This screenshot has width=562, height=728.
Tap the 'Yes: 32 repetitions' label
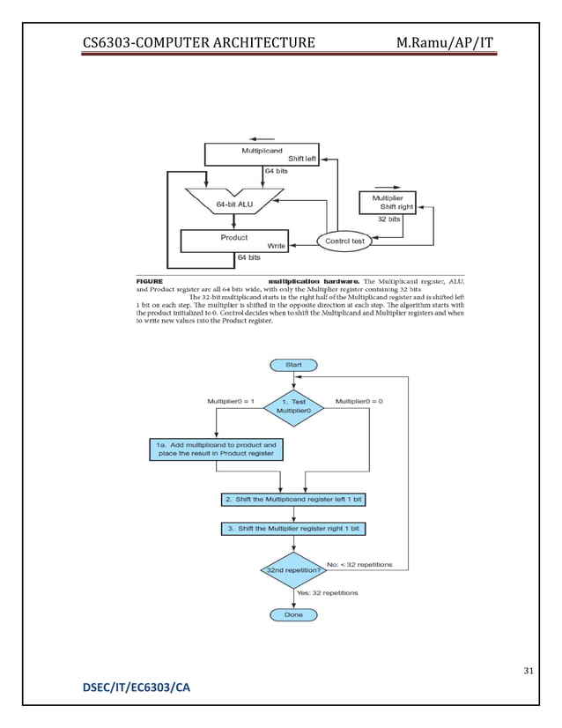[x=328, y=593]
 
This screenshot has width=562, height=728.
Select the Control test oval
[x=345, y=241]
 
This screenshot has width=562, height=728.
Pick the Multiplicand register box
[x=261, y=155]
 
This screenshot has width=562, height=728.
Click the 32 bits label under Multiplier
[x=388, y=219]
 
